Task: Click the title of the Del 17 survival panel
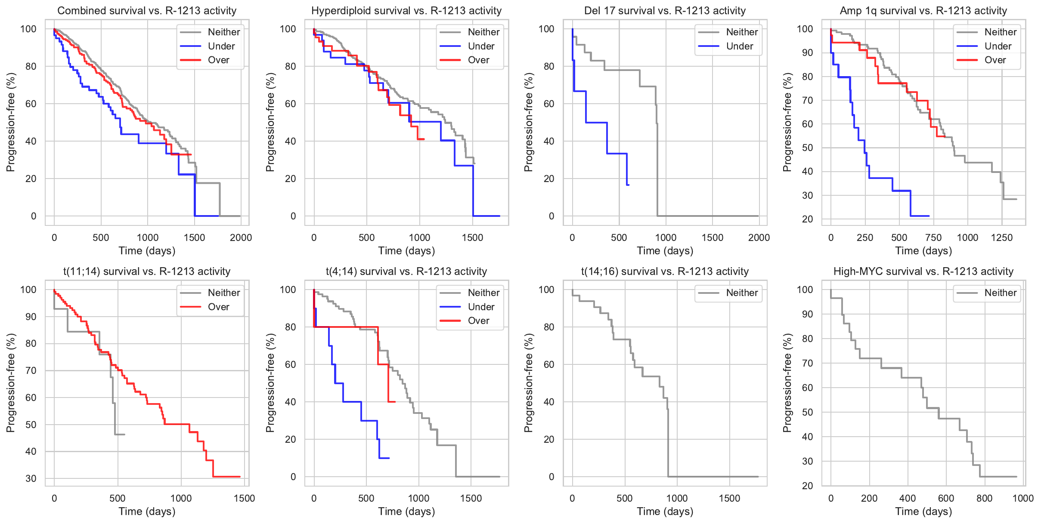click(665, 11)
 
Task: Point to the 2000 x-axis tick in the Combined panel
click(241, 238)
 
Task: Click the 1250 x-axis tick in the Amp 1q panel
click(1001, 238)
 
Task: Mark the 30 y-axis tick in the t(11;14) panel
click(31, 478)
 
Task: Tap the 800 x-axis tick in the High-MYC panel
click(984, 499)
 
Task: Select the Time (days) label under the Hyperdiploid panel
click(406, 251)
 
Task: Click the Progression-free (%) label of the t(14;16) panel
click(529, 383)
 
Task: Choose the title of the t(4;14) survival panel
click(406, 271)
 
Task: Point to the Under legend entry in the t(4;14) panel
click(481, 307)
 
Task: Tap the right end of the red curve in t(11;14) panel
click(240, 477)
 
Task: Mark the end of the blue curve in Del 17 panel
click(629, 185)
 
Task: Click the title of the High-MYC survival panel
click(923, 271)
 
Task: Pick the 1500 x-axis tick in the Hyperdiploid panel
click(472, 238)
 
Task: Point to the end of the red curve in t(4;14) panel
click(395, 402)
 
